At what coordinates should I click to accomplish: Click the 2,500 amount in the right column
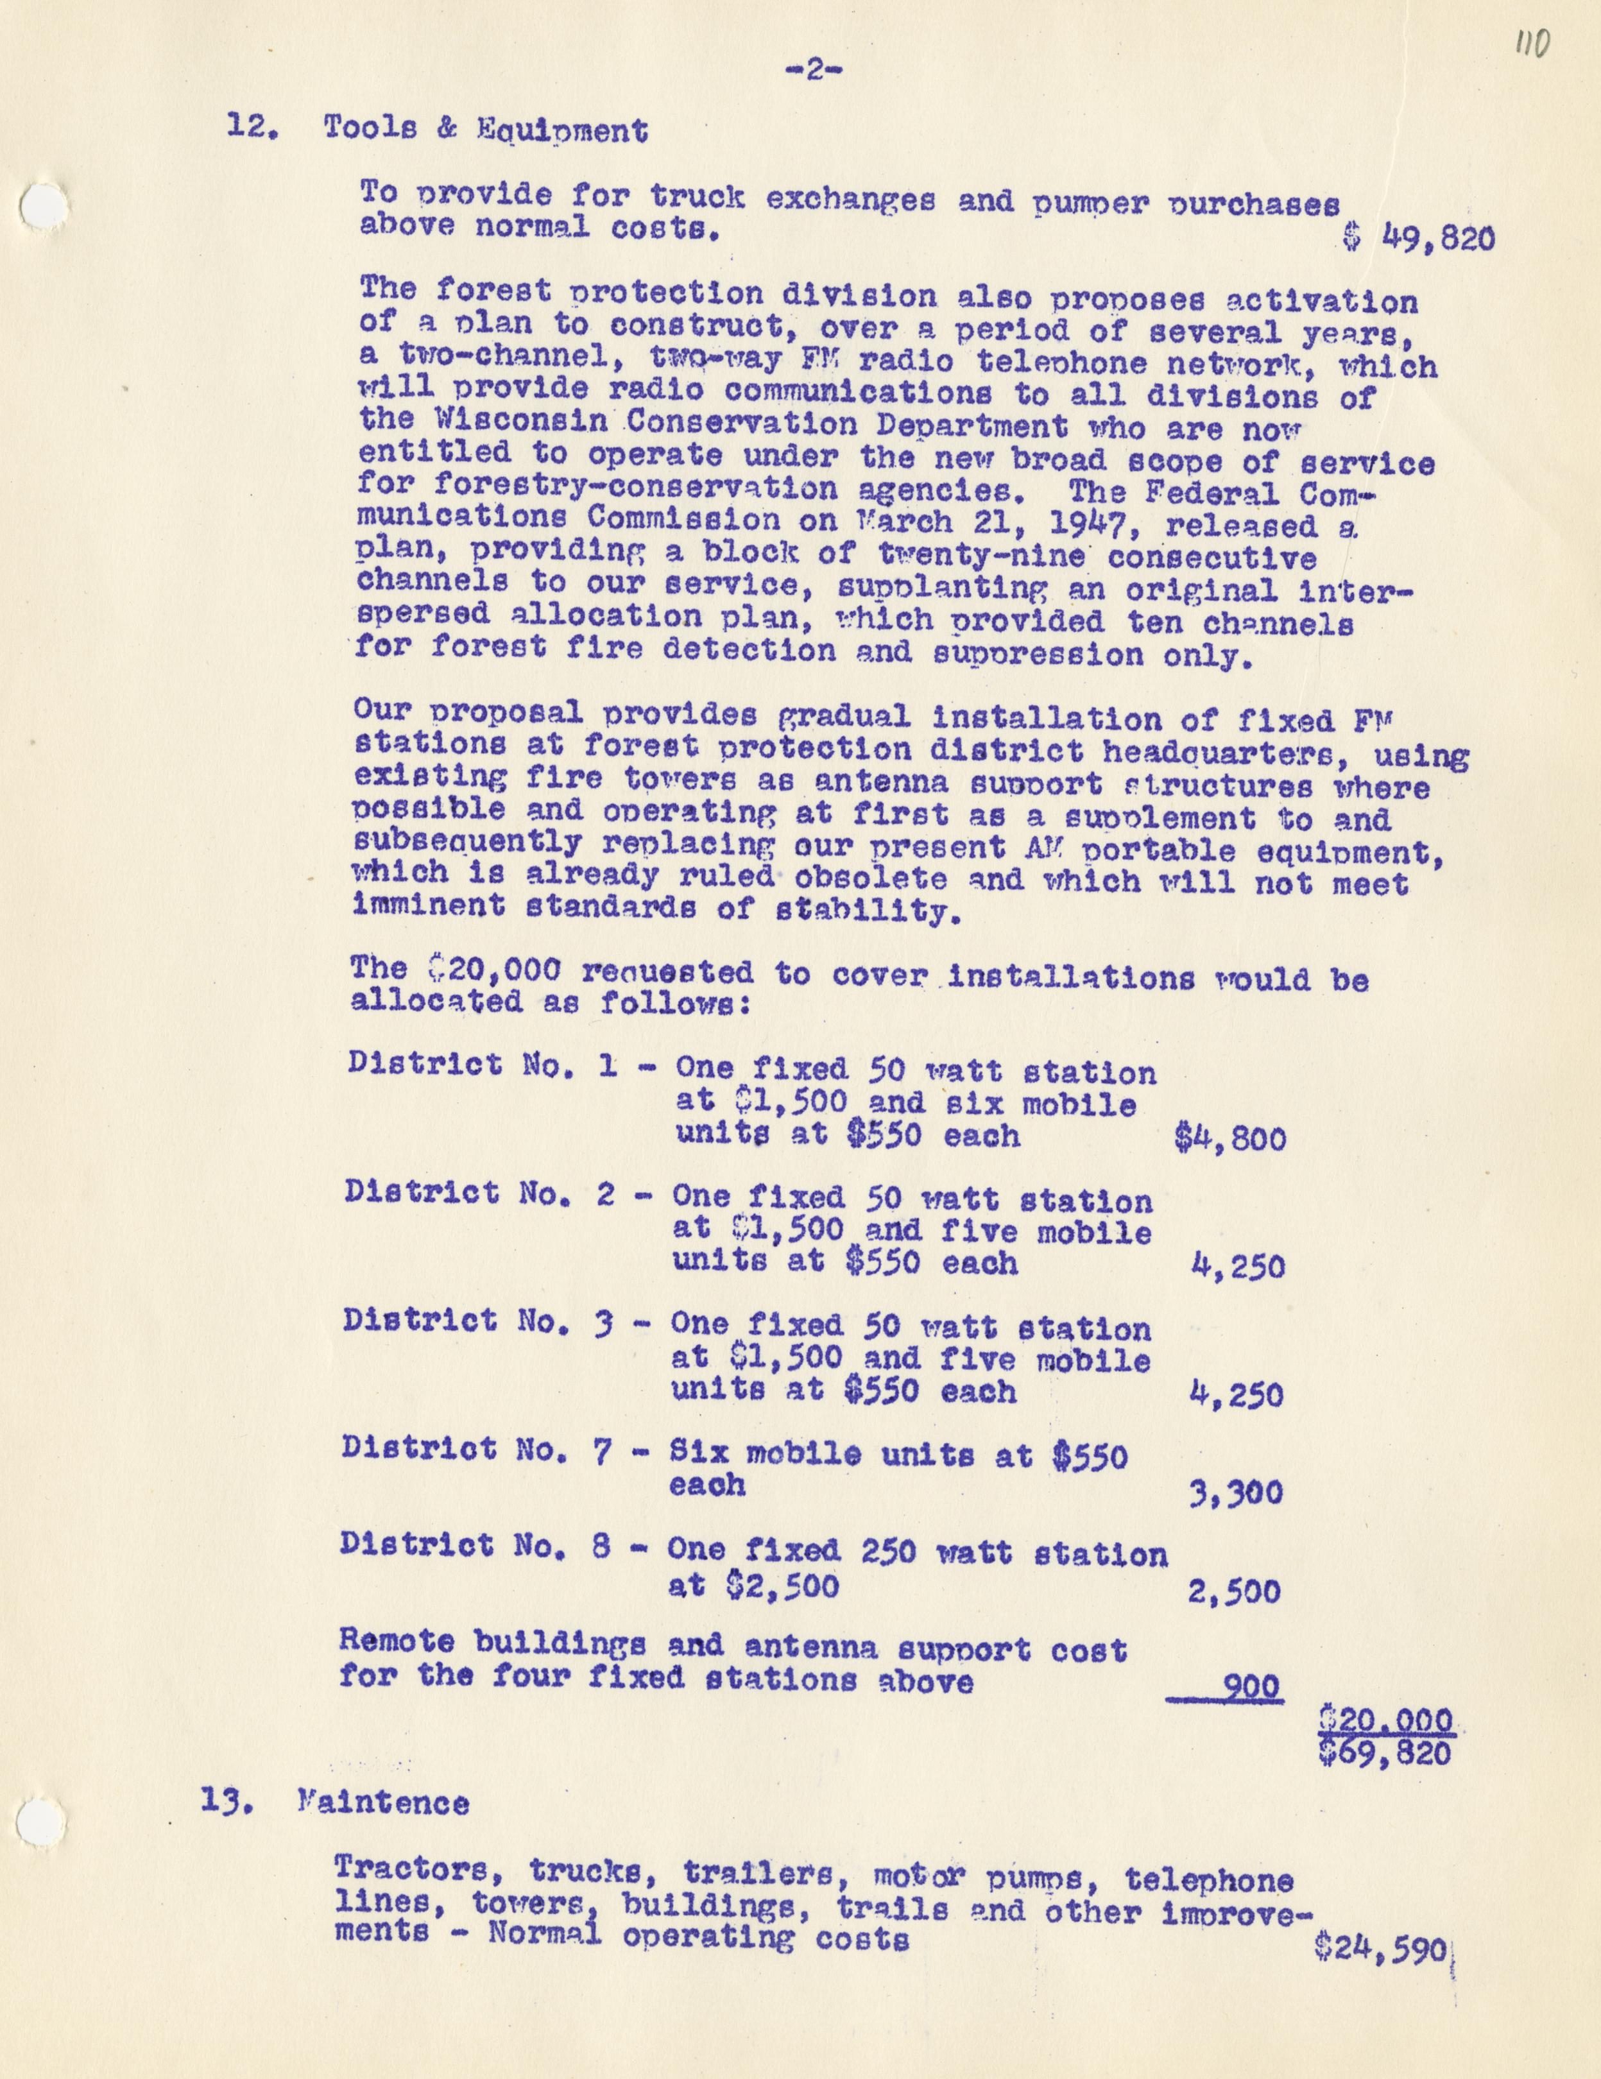[1235, 1591]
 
